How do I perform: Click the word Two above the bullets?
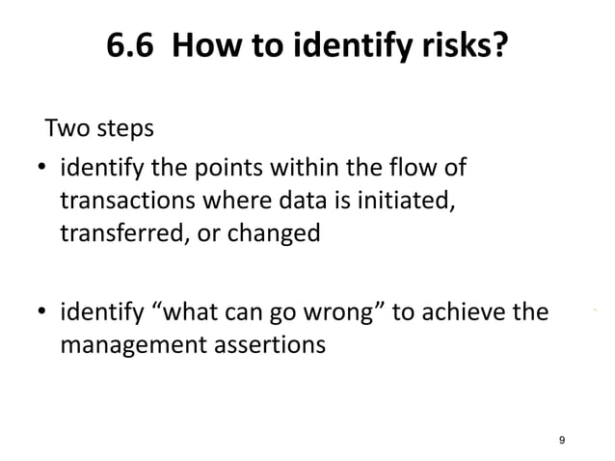(x=69, y=128)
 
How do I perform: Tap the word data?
(x=297, y=202)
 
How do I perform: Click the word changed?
(x=277, y=232)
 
